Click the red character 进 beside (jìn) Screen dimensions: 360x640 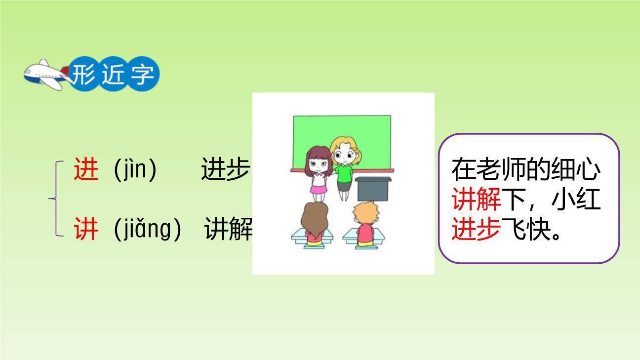tap(86, 169)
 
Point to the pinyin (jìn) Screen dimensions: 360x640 tap(135, 169)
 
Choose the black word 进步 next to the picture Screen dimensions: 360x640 tap(225, 169)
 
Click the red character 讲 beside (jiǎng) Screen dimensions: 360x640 tap(86, 229)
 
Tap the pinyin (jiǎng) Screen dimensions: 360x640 tap(148, 229)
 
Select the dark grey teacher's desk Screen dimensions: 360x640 tap(373, 188)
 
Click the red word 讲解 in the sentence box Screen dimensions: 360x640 tap(476, 200)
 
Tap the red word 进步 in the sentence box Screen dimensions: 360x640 tap(476, 230)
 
